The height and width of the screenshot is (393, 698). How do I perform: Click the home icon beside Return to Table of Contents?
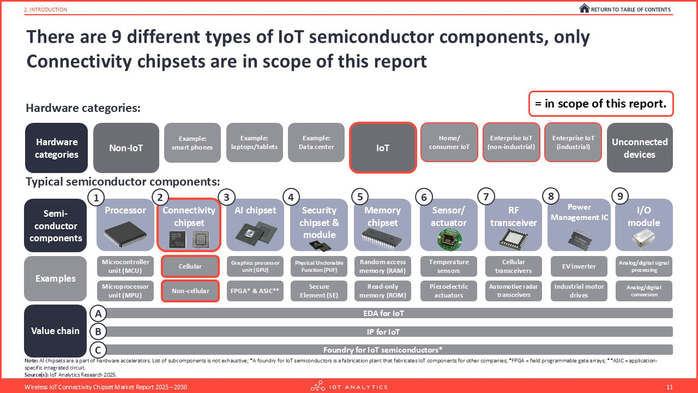(x=584, y=9)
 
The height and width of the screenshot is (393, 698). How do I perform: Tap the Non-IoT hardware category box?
(x=126, y=147)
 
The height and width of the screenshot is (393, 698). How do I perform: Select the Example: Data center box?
(x=317, y=142)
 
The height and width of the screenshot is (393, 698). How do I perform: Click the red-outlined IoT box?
(x=383, y=147)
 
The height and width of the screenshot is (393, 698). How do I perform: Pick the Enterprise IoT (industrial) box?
(x=573, y=142)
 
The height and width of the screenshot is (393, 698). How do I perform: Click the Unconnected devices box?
(x=640, y=147)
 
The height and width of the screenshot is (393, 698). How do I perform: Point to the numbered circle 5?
(x=360, y=196)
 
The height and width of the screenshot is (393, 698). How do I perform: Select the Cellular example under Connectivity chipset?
(x=190, y=266)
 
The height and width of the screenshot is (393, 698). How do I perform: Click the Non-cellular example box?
(x=190, y=291)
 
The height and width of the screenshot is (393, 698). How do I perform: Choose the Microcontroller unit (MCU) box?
(x=126, y=266)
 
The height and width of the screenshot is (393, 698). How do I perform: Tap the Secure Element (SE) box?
(x=319, y=291)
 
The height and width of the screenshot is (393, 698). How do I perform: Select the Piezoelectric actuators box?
(x=448, y=291)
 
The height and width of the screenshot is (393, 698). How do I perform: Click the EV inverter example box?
(x=579, y=266)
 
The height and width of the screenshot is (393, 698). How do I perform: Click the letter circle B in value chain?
(x=98, y=331)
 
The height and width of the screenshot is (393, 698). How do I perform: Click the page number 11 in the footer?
(x=670, y=387)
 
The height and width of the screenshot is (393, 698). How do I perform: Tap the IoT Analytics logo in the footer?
(x=349, y=387)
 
